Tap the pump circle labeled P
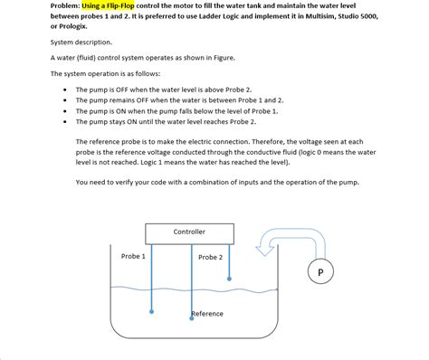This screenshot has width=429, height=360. (320, 270)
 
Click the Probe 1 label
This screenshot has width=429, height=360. (133, 257)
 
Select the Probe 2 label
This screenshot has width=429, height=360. (210, 258)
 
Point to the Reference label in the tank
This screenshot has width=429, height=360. (207, 314)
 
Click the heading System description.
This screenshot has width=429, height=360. (81, 43)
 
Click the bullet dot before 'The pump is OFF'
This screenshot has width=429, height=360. (64, 90)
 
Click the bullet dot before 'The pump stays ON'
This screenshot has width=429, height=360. (64, 122)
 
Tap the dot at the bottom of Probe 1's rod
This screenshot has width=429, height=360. (151, 311)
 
